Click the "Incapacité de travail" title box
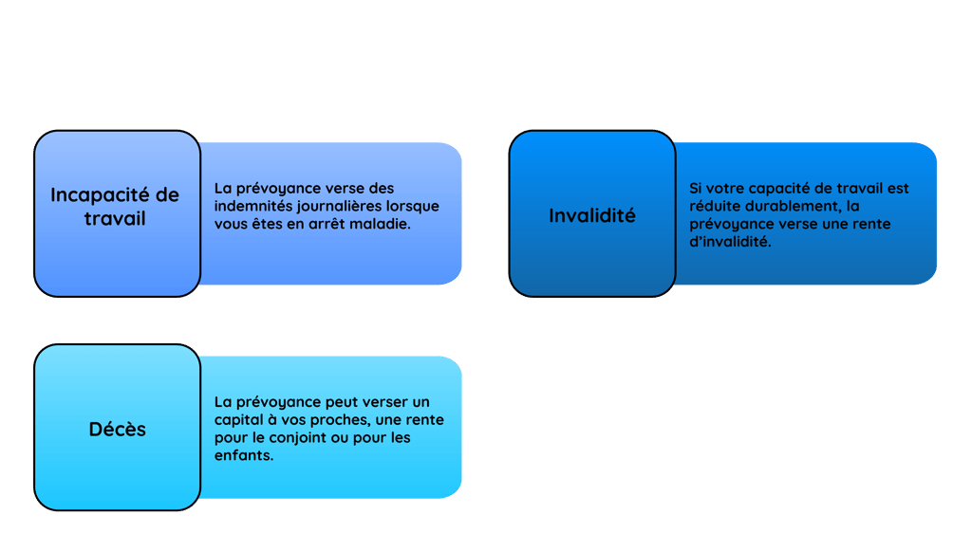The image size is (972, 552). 116,213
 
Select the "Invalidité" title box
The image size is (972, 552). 591,214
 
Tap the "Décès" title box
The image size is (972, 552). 117,428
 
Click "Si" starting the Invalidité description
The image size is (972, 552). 696,188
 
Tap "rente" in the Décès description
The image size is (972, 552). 424,419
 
